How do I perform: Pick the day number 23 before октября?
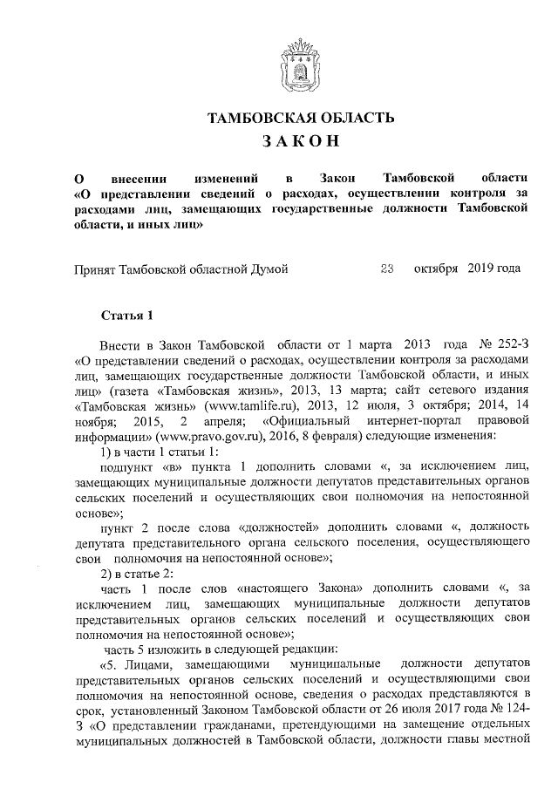tap(388, 268)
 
